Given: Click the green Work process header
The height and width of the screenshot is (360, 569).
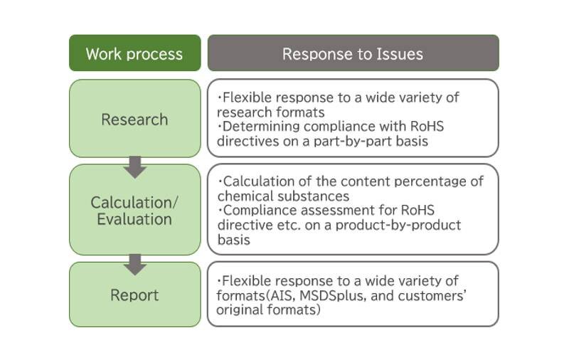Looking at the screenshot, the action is tap(134, 53).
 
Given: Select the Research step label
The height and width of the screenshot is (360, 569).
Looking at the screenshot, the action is tap(134, 120).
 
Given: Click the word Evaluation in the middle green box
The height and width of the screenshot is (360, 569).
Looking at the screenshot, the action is tap(134, 219).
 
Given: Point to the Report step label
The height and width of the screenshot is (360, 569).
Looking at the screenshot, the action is tap(134, 295).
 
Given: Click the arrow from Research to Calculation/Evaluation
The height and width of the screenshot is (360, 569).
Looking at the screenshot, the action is tap(135, 167).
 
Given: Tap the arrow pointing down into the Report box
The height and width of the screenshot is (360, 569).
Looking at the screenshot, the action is tap(135, 265).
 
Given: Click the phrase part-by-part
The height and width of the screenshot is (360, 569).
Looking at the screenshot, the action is tap(353, 141).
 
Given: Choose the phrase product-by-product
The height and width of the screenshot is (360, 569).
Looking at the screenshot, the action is tap(398, 225).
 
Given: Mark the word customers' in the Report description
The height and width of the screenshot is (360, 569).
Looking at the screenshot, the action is tap(432, 296).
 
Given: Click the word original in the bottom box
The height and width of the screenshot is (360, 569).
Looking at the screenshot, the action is tap(240, 310).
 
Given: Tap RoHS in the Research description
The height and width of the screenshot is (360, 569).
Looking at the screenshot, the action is tap(427, 127).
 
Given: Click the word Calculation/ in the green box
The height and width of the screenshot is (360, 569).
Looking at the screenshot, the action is tap(134, 203).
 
